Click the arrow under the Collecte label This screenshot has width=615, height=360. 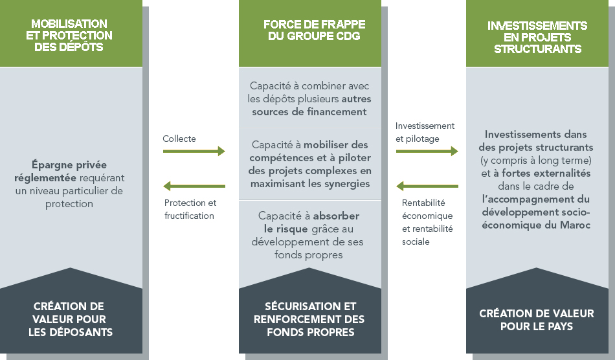[x=194, y=152]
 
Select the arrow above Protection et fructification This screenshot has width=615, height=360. [x=194, y=186]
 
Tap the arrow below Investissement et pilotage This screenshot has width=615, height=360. [x=427, y=152]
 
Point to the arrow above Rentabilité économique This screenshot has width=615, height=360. [x=427, y=186]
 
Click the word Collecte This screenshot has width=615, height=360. [x=179, y=139]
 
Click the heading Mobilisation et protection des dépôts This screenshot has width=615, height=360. [x=69, y=36]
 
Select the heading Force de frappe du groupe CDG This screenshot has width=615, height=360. [x=314, y=30]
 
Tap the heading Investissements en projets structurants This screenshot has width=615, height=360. [x=537, y=37]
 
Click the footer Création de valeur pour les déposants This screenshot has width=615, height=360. [x=69, y=319]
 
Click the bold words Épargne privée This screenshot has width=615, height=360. [x=70, y=164]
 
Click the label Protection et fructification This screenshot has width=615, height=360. [x=190, y=209]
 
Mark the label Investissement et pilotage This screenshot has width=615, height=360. [x=425, y=132]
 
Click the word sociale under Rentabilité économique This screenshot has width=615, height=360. [x=416, y=242]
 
